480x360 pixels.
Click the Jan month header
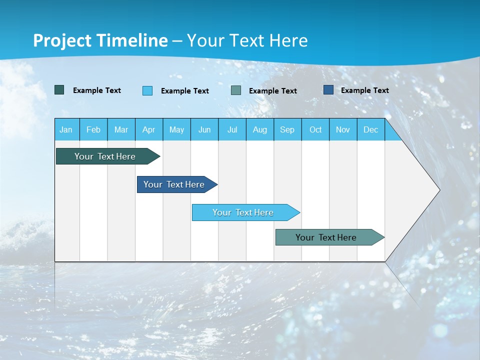point(66,129)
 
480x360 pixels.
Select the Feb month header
point(93,129)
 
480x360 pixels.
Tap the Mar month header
point(121,129)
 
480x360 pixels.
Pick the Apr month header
point(149,129)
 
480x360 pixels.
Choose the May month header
point(176,129)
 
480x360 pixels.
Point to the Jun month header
point(204,129)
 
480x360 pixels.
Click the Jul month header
point(232,129)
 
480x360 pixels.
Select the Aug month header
point(260,129)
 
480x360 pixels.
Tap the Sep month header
point(287,129)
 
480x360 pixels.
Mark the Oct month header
point(315,129)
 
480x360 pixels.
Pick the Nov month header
point(343,129)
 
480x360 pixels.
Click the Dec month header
point(371,129)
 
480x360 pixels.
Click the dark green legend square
point(59,90)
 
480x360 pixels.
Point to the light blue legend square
point(147,90)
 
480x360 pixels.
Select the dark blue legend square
point(328,90)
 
